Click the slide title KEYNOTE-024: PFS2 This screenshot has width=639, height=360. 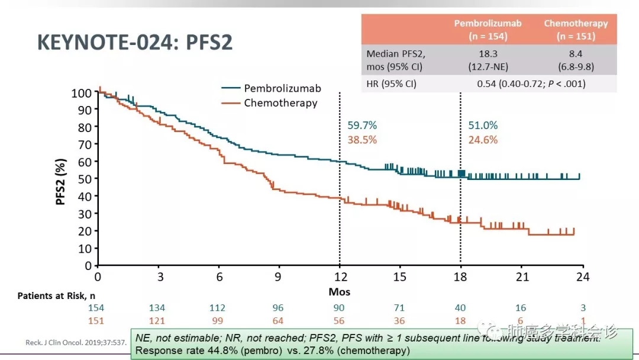tap(135, 43)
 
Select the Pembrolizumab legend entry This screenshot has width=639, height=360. tap(282, 88)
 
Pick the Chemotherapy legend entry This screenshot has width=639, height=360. tap(280, 103)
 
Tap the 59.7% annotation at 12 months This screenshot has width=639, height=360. tap(362, 126)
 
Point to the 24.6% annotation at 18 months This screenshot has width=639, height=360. tap(483, 140)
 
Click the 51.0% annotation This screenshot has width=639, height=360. tap(483, 126)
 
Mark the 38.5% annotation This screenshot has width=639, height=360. tap(362, 140)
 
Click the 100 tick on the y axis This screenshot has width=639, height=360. tap(81, 93)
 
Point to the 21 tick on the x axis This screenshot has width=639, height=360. tap(521, 277)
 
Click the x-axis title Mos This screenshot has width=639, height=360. tap(339, 292)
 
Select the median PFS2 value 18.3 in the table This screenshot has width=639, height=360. tap(488, 53)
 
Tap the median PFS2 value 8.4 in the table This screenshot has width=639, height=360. tap(576, 53)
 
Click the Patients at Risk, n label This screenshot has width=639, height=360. tap(57, 295)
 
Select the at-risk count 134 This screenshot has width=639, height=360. tap(157, 308)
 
